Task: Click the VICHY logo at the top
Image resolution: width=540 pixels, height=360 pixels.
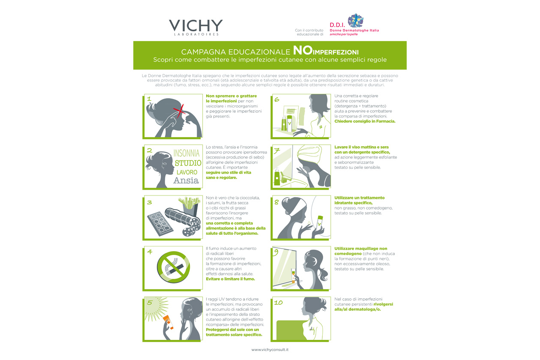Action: pyautogui.click(x=196, y=27)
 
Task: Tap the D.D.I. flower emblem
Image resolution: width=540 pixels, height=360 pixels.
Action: pyautogui.click(x=355, y=21)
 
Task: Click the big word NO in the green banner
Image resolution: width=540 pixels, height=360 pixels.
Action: pyautogui.click(x=303, y=50)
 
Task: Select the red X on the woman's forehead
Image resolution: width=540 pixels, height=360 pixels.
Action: pyautogui.click(x=179, y=111)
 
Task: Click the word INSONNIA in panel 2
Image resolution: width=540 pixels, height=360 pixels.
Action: pyautogui.click(x=186, y=153)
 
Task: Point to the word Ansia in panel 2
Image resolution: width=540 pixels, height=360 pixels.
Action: pyautogui.click(x=186, y=180)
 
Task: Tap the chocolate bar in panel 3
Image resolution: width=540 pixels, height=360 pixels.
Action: pyautogui.click(x=160, y=224)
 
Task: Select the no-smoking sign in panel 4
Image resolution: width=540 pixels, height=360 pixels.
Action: pyautogui.click(x=173, y=267)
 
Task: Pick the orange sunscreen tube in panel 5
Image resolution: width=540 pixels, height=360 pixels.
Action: pyautogui.click(x=168, y=322)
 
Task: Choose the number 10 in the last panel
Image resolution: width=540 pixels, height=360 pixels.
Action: pyautogui.click(x=279, y=303)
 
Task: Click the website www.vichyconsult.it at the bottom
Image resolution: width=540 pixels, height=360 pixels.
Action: pyautogui.click(x=270, y=350)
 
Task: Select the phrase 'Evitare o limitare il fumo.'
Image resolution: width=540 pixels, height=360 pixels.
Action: pyautogui.click(x=230, y=279)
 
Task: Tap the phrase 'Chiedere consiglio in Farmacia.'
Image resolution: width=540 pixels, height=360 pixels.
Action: pyautogui.click(x=365, y=121)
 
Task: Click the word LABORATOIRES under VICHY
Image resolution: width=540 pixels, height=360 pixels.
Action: pyautogui.click(x=196, y=34)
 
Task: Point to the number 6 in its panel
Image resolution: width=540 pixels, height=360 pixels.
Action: pyautogui.click(x=277, y=99)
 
